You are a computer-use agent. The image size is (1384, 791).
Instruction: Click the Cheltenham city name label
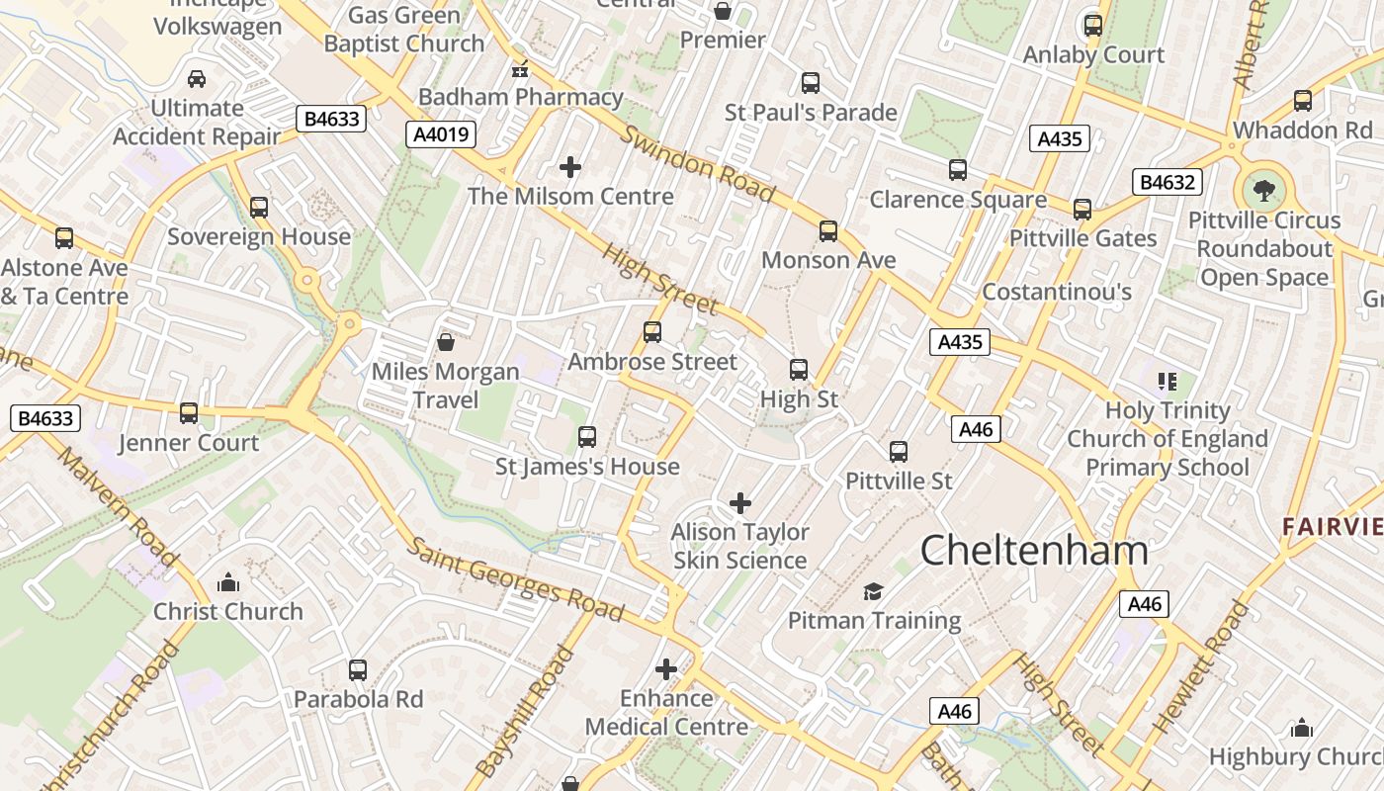(x=1034, y=550)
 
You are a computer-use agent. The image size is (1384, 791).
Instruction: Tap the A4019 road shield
(x=441, y=134)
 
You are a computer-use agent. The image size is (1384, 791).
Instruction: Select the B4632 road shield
(x=1168, y=182)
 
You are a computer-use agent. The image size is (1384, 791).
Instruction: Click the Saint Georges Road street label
(x=516, y=579)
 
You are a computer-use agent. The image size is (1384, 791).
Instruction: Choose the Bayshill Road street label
(x=525, y=712)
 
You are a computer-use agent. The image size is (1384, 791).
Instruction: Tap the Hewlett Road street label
(x=1201, y=667)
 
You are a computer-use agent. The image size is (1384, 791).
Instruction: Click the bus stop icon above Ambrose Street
(x=652, y=332)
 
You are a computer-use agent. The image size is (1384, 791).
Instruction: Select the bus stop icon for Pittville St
(x=899, y=452)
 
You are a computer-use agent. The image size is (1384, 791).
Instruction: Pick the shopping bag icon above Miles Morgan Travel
(x=446, y=342)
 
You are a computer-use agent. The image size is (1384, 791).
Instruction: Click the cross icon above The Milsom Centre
(x=570, y=167)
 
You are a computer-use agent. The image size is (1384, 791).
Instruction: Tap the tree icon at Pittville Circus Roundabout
(x=1263, y=190)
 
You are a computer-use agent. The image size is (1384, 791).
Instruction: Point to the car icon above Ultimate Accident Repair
(x=197, y=79)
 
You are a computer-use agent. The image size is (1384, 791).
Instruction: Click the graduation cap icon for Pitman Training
(x=873, y=591)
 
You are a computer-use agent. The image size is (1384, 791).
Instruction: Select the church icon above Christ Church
(x=228, y=581)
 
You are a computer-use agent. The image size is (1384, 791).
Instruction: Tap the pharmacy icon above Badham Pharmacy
(x=520, y=69)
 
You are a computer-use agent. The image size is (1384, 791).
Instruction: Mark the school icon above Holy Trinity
(x=1168, y=381)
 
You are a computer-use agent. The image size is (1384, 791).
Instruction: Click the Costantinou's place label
(x=1057, y=292)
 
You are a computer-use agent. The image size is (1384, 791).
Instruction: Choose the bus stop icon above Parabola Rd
(x=358, y=669)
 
